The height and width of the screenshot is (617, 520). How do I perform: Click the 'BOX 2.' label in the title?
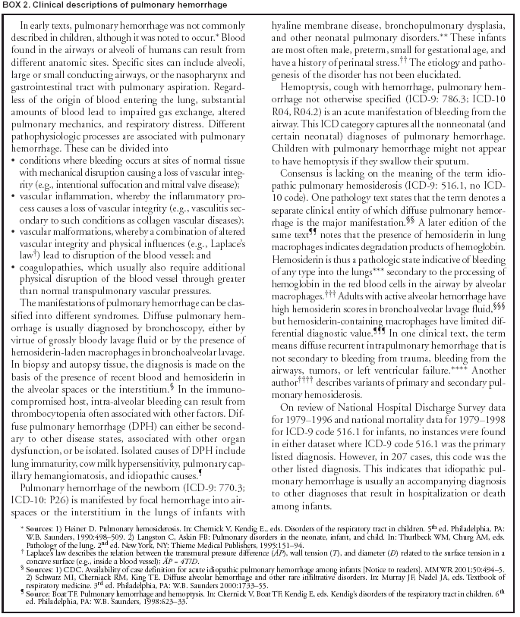[19, 8]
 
